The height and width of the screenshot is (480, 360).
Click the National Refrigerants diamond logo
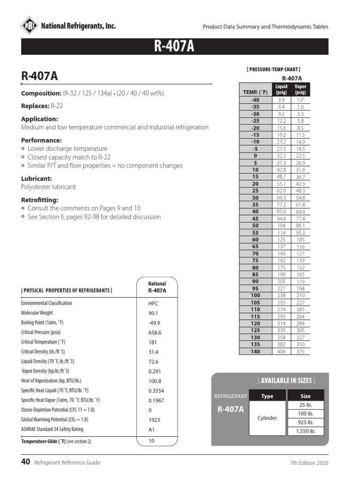pyautogui.click(x=30, y=26)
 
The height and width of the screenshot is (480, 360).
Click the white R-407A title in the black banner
pyautogui.click(x=174, y=47)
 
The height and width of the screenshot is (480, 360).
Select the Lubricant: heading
pyautogui.click(x=36, y=179)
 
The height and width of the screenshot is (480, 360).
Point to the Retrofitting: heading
pyautogui.click(x=40, y=200)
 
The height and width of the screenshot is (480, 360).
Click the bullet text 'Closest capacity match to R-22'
pyautogui.click(x=69, y=157)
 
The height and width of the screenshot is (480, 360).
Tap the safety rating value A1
pyautogui.click(x=152, y=429)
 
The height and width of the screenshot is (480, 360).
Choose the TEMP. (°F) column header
pyautogui.click(x=255, y=92)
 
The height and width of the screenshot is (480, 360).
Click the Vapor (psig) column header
pyautogui.click(x=300, y=90)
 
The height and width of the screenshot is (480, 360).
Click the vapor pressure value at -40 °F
pyautogui.click(x=300, y=100)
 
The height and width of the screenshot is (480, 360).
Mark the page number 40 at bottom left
pyautogui.click(x=25, y=462)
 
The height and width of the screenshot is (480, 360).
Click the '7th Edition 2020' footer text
pyautogui.click(x=309, y=463)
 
